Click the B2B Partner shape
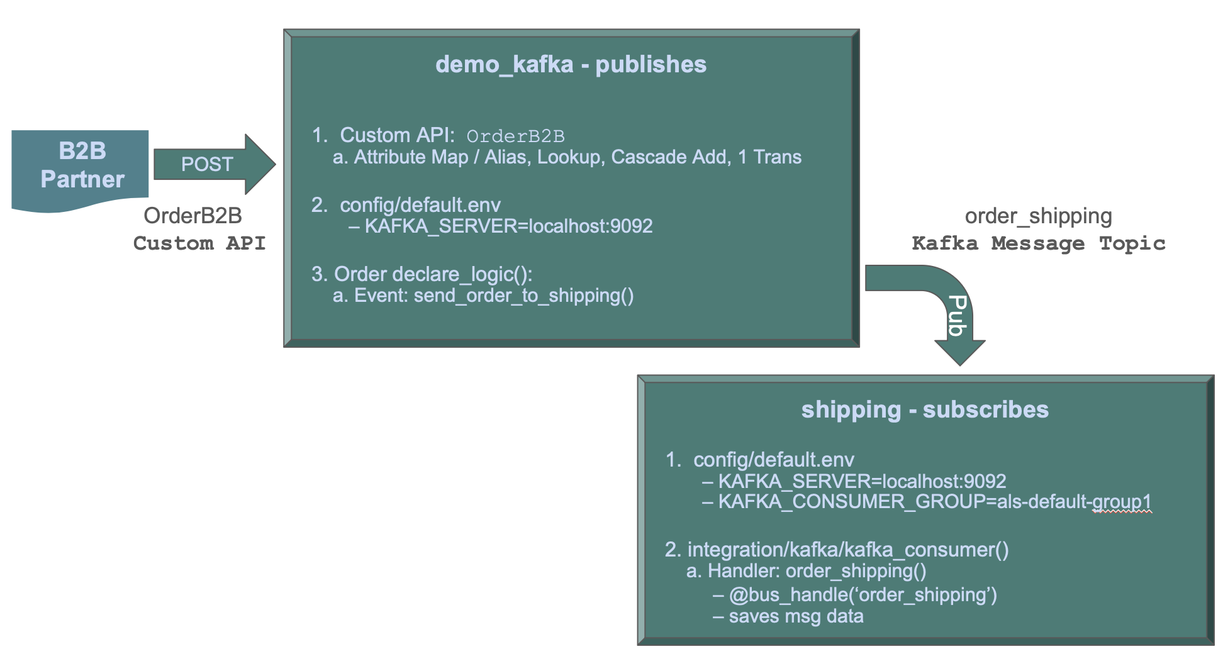tap(81, 166)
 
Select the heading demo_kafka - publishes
tap(571, 64)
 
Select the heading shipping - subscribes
tap(924, 409)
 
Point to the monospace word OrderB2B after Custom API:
tap(515, 136)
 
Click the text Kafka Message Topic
tap(1038, 243)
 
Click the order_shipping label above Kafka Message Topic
tap(1038, 216)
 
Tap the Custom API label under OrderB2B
tap(199, 243)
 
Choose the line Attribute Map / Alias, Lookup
tap(566, 157)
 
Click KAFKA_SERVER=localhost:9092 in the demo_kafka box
tap(508, 226)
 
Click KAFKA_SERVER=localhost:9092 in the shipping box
tap(862, 482)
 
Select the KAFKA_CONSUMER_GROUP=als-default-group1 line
tap(934, 502)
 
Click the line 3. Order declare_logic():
tap(422, 274)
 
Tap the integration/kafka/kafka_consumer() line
tap(837, 550)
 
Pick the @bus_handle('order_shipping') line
tap(863, 595)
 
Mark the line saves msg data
tap(796, 616)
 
